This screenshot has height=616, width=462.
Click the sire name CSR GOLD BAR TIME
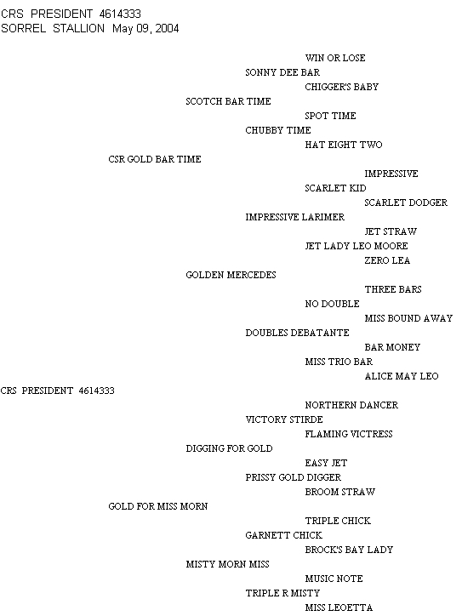point(155,159)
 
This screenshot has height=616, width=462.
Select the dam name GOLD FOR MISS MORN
point(158,506)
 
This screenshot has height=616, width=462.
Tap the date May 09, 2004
point(145,29)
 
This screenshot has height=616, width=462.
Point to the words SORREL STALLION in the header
point(53,29)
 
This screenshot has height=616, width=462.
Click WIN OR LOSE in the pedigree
point(335,58)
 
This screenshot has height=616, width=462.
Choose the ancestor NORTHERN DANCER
point(351,405)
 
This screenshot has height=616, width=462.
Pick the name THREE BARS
point(393,289)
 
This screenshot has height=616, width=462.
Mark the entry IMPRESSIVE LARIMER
point(294,217)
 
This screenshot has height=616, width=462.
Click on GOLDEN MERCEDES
point(231,275)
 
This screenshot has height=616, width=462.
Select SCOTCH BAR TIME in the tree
point(228,101)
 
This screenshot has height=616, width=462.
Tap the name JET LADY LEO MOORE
point(356,246)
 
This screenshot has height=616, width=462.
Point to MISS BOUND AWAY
point(408,318)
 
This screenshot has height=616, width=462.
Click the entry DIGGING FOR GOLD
point(229,448)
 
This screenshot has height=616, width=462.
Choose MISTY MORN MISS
point(227,564)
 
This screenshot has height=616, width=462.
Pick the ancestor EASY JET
point(326,463)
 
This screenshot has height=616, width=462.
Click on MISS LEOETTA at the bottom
point(339,607)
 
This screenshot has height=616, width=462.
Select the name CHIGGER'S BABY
point(342,87)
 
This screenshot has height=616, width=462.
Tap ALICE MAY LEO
point(402,376)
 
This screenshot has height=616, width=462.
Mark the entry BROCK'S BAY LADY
point(349,550)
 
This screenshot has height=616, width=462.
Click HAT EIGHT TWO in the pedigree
point(344,145)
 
